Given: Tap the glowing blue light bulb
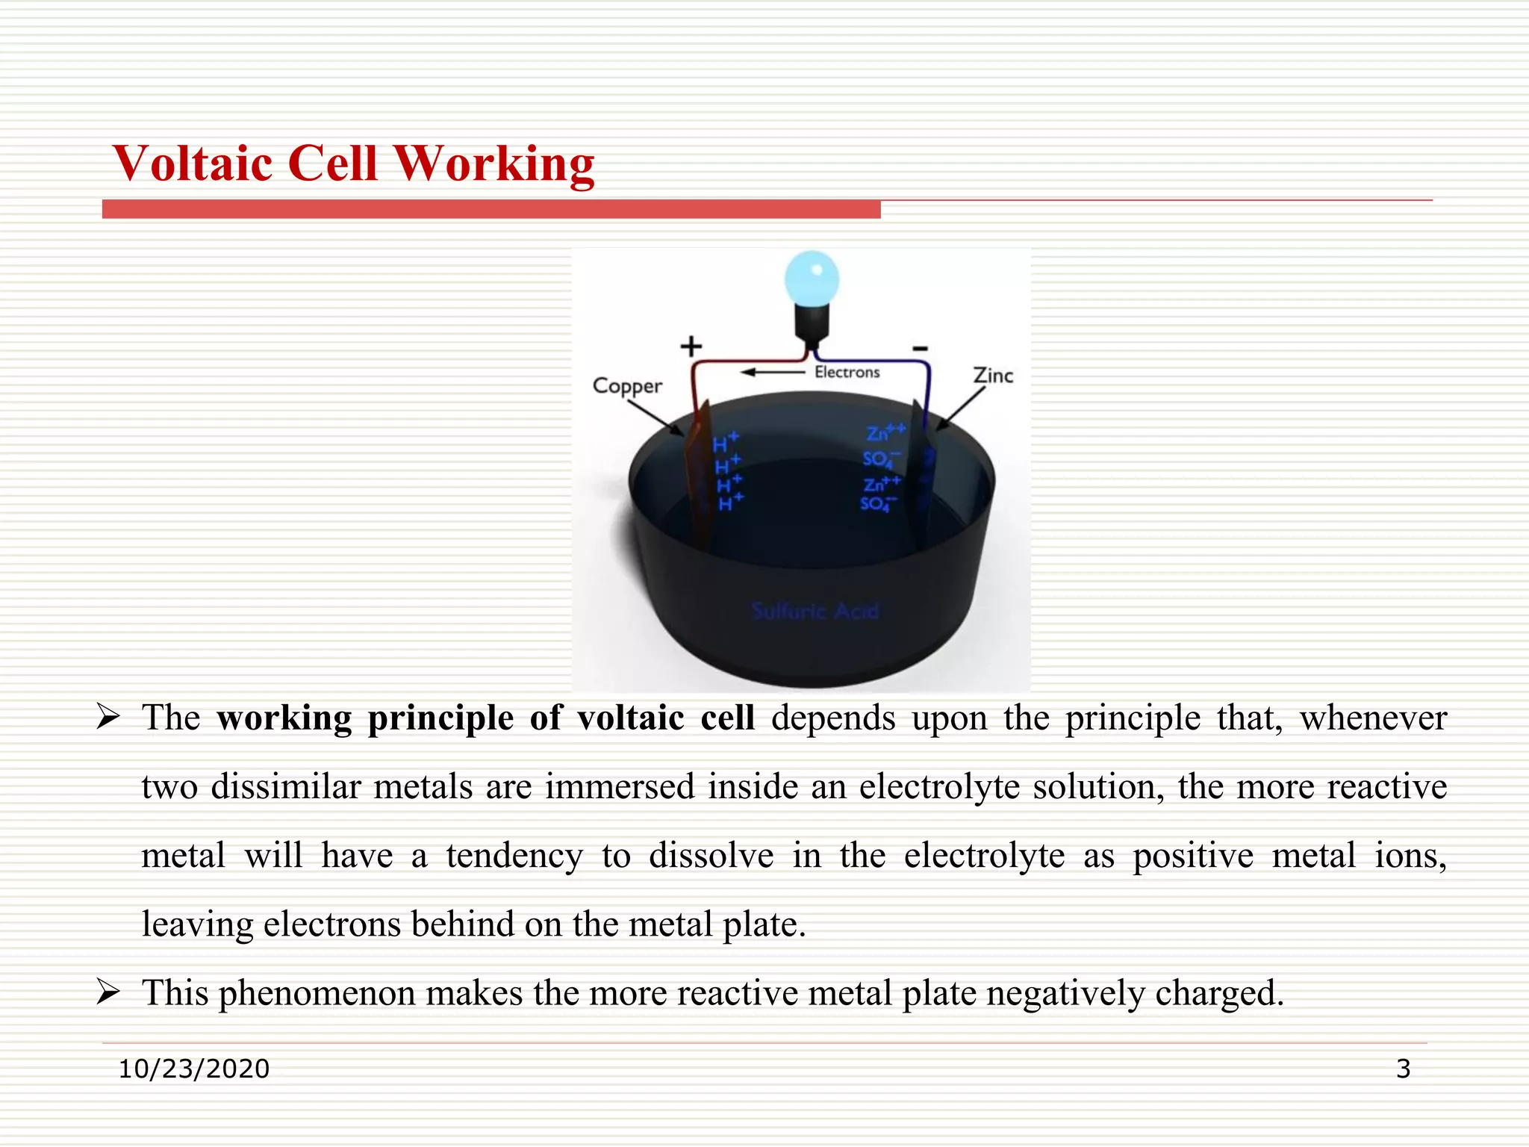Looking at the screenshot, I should [812, 279].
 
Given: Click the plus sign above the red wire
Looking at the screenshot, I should [691, 346].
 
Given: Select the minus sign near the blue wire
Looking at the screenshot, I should [920, 348].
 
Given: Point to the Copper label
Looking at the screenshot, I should [626, 386].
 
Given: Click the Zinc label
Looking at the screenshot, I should [993, 375].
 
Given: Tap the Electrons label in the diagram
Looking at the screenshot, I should [847, 372].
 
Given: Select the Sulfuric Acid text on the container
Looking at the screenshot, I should [815, 611].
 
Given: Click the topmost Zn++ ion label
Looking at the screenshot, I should [885, 432].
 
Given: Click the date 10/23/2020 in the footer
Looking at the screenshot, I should [194, 1069].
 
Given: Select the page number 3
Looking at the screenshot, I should [1403, 1069].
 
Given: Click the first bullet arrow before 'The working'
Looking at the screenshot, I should [109, 718].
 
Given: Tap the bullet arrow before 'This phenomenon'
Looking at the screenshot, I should [109, 992].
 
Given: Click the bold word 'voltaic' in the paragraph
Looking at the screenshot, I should [630, 718].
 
